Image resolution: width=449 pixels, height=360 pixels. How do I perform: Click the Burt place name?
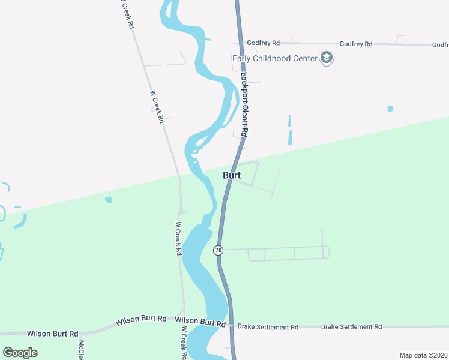[232, 176]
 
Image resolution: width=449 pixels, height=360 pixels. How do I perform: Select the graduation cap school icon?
[327, 58]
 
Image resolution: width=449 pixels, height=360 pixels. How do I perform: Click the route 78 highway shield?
[218, 250]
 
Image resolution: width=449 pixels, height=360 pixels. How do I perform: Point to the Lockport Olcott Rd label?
[244, 104]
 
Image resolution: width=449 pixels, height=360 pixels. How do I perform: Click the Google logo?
[20, 353]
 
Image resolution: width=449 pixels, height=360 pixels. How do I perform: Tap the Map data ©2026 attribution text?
[423, 355]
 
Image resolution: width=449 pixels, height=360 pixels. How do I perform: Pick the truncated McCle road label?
[81, 350]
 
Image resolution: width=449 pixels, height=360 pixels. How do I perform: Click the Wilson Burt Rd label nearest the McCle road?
[53, 334]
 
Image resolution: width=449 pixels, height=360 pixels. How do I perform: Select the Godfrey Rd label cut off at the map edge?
[440, 45]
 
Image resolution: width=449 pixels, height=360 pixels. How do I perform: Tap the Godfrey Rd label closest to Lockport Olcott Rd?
[267, 43]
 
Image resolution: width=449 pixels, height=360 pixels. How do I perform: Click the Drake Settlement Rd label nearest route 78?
[268, 327]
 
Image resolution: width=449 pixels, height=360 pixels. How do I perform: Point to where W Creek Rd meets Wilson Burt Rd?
[184, 319]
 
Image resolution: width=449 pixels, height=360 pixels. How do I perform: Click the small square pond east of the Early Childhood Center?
[390, 109]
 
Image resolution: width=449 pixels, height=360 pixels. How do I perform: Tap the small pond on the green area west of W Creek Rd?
[108, 200]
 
